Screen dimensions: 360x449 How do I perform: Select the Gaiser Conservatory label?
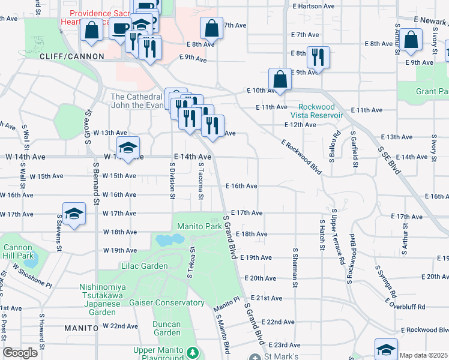[x=167, y=303]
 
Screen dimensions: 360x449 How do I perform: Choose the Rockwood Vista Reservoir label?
[x=316, y=111]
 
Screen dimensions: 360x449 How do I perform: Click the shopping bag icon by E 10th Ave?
[x=280, y=79]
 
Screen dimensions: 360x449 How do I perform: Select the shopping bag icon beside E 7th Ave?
[x=211, y=28]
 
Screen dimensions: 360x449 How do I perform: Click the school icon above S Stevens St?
[x=73, y=214]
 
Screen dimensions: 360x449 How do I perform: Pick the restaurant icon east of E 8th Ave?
[x=318, y=58]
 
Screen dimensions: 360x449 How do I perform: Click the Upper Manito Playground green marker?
[x=193, y=352]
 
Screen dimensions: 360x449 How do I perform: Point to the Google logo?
[x=20, y=353]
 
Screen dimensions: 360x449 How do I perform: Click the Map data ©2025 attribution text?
[x=424, y=355]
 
